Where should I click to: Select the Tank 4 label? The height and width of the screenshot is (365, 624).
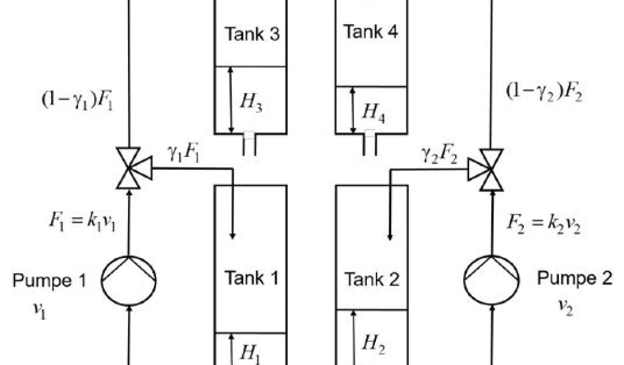(370, 32)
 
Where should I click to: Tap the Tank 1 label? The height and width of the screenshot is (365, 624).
(252, 279)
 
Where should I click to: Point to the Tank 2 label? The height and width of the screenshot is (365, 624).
(372, 279)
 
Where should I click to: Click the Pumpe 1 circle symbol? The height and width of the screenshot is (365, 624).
(129, 280)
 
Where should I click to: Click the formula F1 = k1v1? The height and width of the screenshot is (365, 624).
(82, 220)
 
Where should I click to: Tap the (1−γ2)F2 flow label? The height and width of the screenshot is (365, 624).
(544, 92)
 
